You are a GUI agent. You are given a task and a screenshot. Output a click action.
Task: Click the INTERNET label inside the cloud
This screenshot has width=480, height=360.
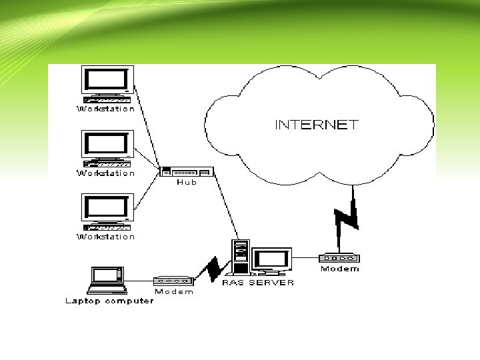coord(317,125)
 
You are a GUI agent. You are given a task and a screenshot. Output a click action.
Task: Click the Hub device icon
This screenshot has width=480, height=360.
coord(187,173)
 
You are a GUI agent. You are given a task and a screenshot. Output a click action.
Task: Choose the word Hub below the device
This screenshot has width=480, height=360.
coord(187,183)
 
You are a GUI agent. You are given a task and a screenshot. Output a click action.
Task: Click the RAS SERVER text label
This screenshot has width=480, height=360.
coord(259,282)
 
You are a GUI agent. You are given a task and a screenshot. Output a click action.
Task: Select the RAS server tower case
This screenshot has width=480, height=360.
coord(240,257)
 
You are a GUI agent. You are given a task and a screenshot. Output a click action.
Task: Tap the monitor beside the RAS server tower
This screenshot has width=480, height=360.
coord(271,260)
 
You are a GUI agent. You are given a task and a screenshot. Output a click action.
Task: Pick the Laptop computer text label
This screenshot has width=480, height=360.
coord(109,301)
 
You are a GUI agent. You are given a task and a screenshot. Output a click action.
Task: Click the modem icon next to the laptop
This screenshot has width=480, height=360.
coord(173,281)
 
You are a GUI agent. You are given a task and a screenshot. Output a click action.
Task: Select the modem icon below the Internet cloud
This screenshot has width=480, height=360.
coord(339,258)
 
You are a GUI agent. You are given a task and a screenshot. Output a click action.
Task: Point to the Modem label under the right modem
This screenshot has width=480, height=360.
coord(339,269)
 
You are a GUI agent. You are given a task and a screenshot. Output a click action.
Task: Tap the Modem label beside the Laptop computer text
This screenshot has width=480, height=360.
coord(174,291)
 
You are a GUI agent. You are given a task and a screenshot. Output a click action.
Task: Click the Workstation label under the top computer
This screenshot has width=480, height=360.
coord(106,109)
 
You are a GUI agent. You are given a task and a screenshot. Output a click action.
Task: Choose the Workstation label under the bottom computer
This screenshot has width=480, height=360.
coord(106,237)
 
